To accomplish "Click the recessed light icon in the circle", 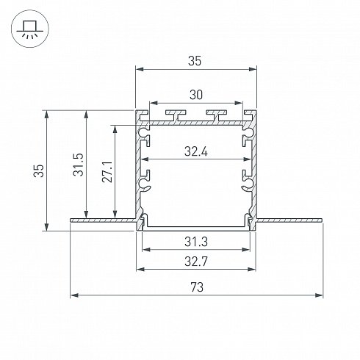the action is click(x=30, y=29).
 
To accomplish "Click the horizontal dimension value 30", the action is click(x=196, y=95).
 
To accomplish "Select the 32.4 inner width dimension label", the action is click(x=196, y=151).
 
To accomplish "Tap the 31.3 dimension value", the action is click(x=196, y=242).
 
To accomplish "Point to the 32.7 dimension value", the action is click(x=196, y=262).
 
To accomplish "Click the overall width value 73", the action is click(x=197, y=287).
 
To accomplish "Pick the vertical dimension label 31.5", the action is click(x=79, y=165).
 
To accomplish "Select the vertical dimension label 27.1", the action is click(x=107, y=172).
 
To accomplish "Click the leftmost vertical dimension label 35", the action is click(x=39, y=170).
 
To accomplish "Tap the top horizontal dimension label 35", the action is click(x=195, y=61).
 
